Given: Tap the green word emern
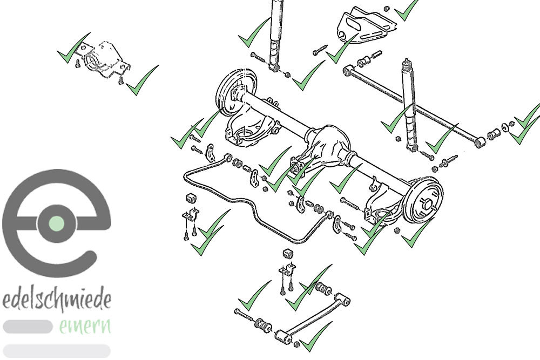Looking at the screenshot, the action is click(85, 326).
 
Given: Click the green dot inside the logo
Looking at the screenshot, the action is click(57, 223).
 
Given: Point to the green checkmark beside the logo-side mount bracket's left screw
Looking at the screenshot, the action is click(73, 48).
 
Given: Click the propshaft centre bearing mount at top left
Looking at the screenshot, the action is click(103, 61).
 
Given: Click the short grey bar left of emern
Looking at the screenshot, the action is click(28, 327).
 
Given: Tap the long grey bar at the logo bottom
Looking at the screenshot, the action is click(57, 351).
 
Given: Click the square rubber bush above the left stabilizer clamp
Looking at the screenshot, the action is click(191, 199).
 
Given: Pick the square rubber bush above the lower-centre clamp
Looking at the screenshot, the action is click(288, 254).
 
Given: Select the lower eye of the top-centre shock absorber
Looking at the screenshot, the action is click(275, 68).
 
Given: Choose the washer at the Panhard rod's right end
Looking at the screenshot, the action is click(505, 127).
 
